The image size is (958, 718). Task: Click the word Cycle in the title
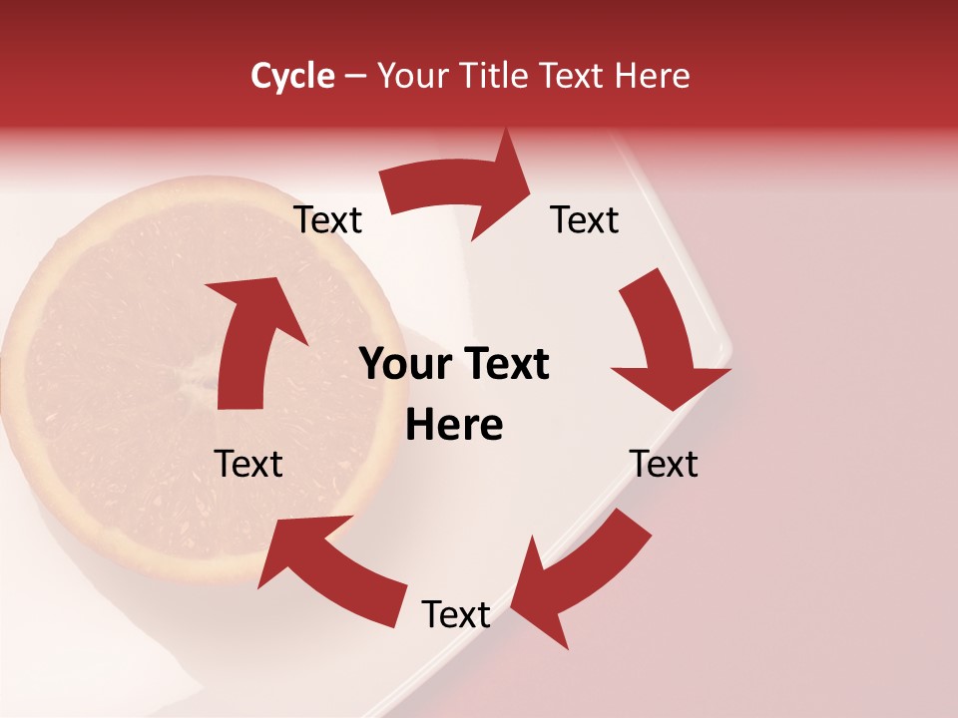pos(292,76)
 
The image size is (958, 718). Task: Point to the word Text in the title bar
pos(573,76)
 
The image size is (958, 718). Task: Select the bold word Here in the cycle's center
pos(454,426)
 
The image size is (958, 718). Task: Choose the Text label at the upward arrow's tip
pos(328,220)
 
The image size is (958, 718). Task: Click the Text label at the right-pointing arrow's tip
pos(585,220)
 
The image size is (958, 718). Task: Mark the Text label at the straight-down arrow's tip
pos(664,464)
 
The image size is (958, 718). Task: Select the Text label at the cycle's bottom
pos(456,614)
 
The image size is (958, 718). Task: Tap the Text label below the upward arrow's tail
pos(248,464)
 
